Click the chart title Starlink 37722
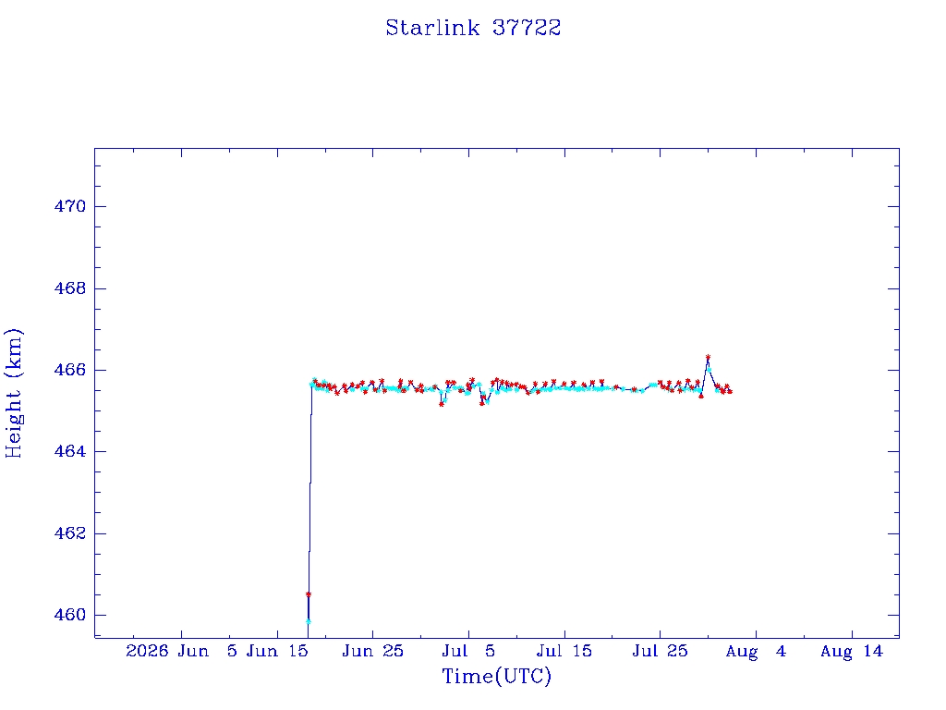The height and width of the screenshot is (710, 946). click(x=473, y=28)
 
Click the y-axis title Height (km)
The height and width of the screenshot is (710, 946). click(x=13, y=393)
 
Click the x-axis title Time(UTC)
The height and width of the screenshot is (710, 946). click(x=496, y=676)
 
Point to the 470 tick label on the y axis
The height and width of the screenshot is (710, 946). click(x=70, y=206)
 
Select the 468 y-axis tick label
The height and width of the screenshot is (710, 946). click(x=70, y=288)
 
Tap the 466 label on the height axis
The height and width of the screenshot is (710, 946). click(x=70, y=370)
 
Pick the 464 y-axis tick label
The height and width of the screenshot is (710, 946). click(x=70, y=451)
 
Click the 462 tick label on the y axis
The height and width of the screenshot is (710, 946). click(x=70, y=533)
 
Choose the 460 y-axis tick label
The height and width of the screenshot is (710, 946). click(x=70, y=615)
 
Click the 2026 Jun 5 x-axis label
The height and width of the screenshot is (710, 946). click(x=181, y=652)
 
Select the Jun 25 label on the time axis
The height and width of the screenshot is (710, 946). click(x=373, y=652)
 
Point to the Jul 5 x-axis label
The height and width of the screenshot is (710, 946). click(x=468, y=652)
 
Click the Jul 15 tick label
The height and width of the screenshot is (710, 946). click(x=564, y=652)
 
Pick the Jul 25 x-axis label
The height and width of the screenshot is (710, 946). click(x=660, y=652)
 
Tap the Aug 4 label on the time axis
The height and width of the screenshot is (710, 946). click(x=756, y=652)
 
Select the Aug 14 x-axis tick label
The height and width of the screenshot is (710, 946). click(x=851, y=652)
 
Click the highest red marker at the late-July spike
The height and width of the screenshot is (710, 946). click(x=708, y=357)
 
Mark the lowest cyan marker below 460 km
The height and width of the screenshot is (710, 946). click(x=309, y=621)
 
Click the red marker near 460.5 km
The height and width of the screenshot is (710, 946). click(x=309, y=594)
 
